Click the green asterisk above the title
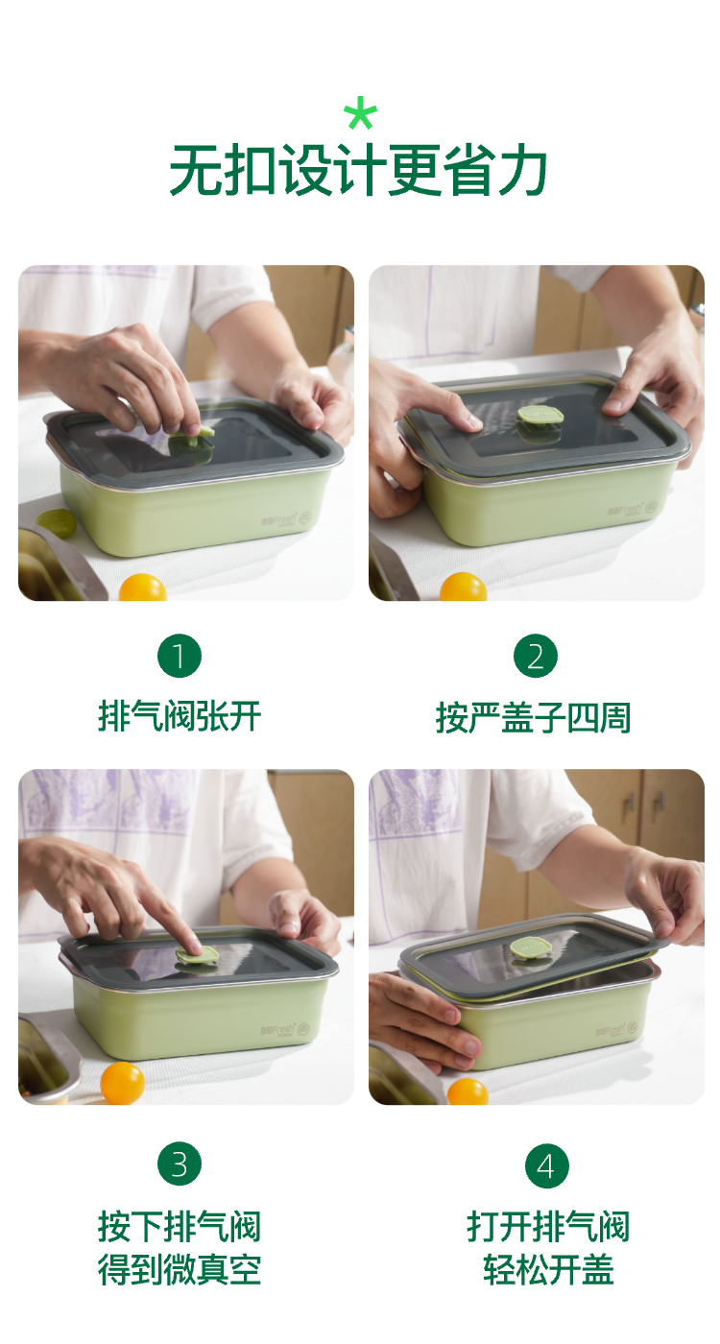(x=360, y=113)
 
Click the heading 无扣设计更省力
(x=358, y=171)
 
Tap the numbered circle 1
(x=180, y=656)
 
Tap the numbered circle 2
(x=536, y=656)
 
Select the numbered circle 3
(x=180, y=1164)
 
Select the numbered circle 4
(x=546, y=1165)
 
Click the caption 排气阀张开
(x=180, y=716)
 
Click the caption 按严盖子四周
(x=533, y=717)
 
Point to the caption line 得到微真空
(x=180, y=1269)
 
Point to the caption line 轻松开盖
(x=548, y=1269)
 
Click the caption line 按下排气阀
(x=180, y=1227)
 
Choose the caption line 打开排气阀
(x=548, y=1227)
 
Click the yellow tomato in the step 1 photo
(x=143, y=588)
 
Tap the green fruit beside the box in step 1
(x=57, y=523)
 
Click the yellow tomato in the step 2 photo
(x=463, y=587)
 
